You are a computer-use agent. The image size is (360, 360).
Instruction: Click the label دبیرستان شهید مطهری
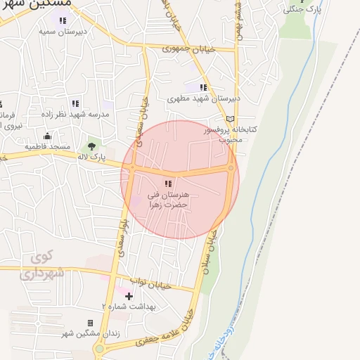[204, 99]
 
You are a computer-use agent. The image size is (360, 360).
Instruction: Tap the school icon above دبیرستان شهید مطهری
[203, 87]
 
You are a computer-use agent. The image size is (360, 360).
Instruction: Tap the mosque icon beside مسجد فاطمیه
[47, 136]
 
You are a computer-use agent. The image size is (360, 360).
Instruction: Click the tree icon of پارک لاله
[91, 146]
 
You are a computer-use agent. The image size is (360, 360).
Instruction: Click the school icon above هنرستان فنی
[167, 184]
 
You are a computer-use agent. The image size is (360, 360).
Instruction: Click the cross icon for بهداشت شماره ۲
[129, 296]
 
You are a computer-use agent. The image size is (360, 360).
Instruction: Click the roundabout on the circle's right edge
[231, 167]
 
